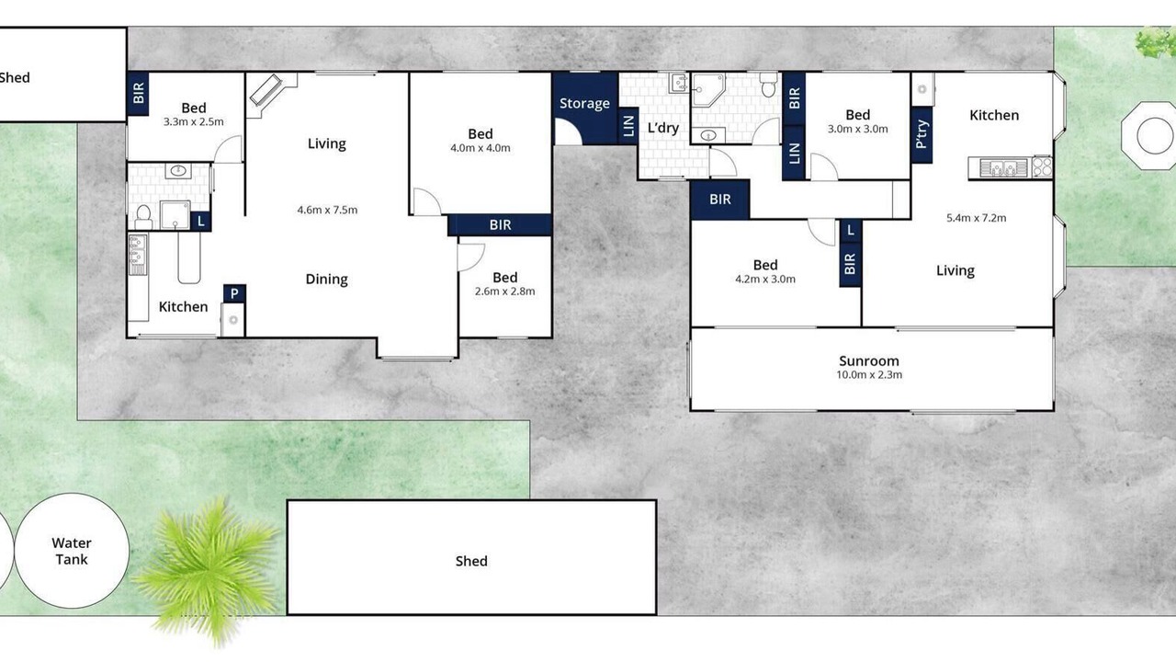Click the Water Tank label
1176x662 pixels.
[72, 551]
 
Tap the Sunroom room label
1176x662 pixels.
[869, 361]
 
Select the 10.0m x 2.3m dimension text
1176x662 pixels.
[869, 374]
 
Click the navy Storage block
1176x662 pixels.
[585, 108]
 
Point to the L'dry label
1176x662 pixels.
[663, 128]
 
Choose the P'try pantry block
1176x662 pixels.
[922, 134]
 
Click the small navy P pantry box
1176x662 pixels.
[234, 293]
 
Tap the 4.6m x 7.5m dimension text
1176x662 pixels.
[327, 211]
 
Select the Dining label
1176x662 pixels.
[326, 279]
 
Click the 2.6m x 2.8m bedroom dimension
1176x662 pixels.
[504, 291]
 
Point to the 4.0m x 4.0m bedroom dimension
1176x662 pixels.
[480, 148]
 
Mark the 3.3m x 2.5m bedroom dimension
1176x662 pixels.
[193, 122]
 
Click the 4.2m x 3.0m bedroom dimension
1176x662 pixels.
[765, 279]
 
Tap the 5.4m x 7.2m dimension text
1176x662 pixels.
[976, 218]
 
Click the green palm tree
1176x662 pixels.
[208, 570]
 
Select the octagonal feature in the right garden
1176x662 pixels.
[1149, 135]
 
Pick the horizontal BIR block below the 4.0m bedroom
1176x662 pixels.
[499, 225]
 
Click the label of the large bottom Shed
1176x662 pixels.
[471, 561]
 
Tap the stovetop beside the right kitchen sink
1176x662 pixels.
[1042, 167]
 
